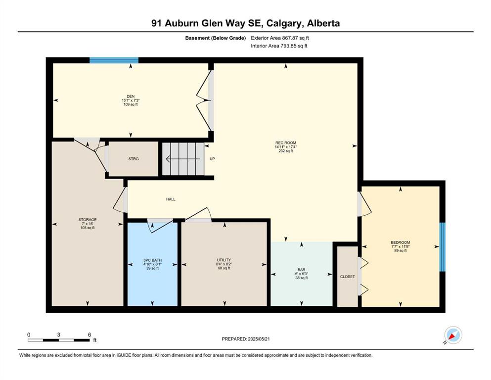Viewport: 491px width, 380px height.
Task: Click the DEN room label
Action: click(131, 96)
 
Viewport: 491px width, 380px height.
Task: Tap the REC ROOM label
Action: click(286, 143)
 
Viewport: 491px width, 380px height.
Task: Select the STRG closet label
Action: click(134, 159)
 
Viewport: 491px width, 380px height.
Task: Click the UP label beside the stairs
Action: click(212, 159)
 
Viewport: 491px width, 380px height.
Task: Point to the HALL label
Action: click(171, 199)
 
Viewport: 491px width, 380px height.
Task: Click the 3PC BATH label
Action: click(152, 260)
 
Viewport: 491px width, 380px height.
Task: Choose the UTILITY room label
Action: click(224, 260)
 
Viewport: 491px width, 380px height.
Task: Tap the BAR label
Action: click(302, 270)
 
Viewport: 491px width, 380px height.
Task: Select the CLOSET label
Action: click(348, 277)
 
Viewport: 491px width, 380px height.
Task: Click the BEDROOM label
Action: click(401, 242)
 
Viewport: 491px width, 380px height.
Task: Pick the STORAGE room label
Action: click(88, 220)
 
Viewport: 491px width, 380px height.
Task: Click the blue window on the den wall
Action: click(114, 60)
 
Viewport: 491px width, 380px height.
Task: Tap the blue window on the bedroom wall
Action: click(442, 247)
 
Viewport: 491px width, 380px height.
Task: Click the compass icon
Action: click(453, 335)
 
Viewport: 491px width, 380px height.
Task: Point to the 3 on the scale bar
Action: click(58, 334)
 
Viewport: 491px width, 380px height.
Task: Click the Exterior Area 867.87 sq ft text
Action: click(280, 38)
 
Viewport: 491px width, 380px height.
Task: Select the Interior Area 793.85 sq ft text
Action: click(279, 46)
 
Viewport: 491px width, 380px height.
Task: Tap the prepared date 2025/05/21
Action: click(259, 339)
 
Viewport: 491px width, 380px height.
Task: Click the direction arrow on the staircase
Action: click(183, 159)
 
